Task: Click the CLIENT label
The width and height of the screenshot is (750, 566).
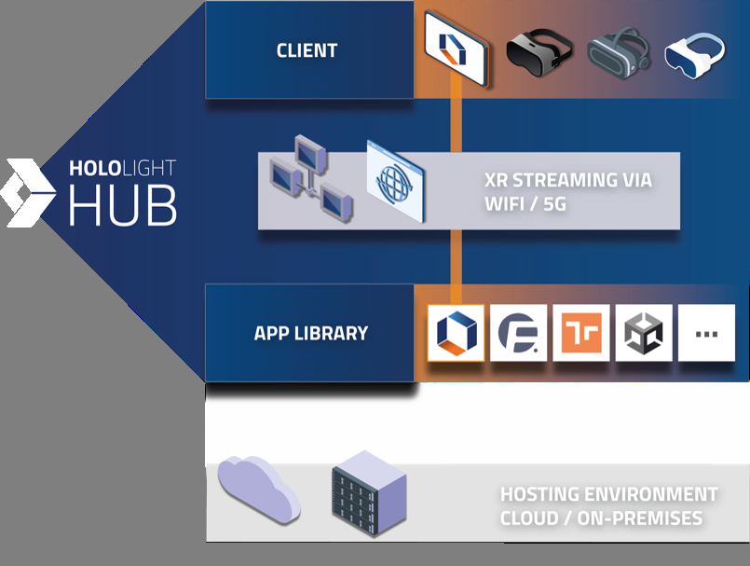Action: (x=307, y=50)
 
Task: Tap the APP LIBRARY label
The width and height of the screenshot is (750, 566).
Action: (x=310, y=333)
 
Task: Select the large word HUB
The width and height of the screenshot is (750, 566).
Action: (x=122, y=206)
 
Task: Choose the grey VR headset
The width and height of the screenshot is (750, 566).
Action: (x=619, y=52)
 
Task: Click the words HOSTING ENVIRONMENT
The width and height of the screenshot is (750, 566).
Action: (x=608, y=494)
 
